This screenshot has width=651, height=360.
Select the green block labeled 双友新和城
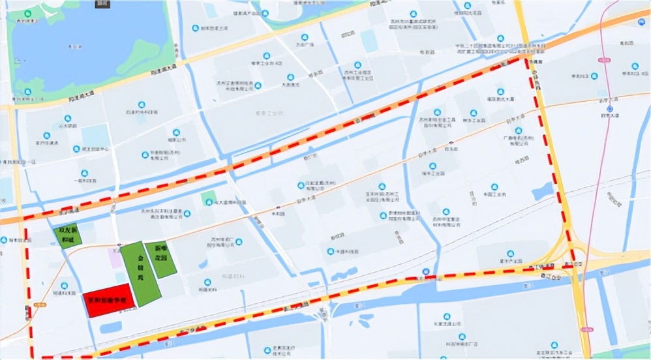tap(67, 235)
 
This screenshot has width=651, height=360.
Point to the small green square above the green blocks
tap(208, 198)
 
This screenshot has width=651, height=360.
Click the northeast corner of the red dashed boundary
tap(526, 58)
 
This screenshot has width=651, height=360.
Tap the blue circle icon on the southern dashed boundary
tap(426, 272)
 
